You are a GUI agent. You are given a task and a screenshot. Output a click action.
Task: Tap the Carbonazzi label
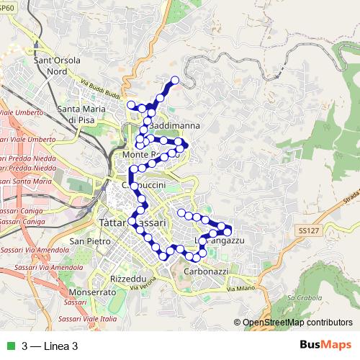point(205,273)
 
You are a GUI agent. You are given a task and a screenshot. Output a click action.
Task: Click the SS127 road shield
point(305,230)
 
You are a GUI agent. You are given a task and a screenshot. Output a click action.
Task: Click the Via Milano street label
point(240,289)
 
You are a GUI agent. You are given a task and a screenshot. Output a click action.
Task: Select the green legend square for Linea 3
point(9,346)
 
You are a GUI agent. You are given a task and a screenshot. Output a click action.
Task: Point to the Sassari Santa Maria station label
point(26,182)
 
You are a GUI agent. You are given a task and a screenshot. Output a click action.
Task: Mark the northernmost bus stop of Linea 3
point(174,79)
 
